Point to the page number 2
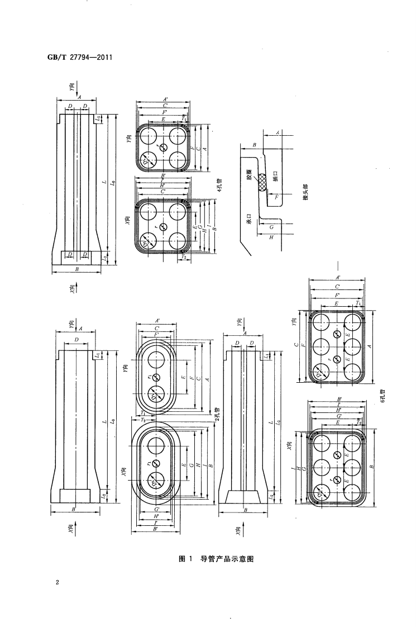pyautogui.click(x=58, y=583)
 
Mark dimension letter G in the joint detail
pyautogui.click(x=271, y=227)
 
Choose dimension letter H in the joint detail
pyautogui.click(x=271, y=237)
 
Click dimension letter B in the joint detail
pyautogui.click(x=254, y=145)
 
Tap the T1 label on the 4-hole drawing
pyautogui.click(x=184, y=119)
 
